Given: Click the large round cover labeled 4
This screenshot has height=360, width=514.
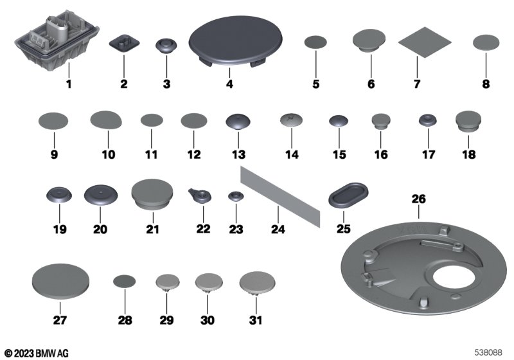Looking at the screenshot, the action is [x=235, y=41].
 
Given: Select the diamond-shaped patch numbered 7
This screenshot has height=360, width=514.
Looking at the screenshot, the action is [x=425, y=42].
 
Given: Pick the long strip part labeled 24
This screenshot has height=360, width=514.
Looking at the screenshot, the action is [x=280, y=197].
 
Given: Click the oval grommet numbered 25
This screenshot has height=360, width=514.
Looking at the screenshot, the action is [x=348, y=195].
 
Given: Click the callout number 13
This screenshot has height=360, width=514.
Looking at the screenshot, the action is [x=238, y=154].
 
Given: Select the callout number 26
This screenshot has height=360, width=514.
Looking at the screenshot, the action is [x=419, y=199].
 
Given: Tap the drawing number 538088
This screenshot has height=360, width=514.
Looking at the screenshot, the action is [x=488, y=352].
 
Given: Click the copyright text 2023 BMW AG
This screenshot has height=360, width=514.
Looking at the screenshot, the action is [x=37, y=354].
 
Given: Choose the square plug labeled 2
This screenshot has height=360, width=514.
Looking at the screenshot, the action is [x=124, y=43].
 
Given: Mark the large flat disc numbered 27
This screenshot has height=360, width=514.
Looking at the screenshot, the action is [x=61, y=282].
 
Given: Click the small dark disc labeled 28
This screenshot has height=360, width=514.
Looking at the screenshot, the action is [x=124, y=282].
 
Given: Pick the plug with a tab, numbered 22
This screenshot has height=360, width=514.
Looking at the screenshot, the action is [x=200, y=195].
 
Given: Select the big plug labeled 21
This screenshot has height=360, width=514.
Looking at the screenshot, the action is [x=152, y=194].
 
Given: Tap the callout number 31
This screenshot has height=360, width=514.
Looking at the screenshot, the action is [x=256, y=320].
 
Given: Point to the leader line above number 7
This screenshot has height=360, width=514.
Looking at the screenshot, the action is [x=417, y=67].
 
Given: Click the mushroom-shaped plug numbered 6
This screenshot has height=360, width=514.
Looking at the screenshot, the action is [x=369, y=40].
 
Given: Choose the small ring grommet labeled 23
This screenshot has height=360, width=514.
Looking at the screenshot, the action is [x=236, y=197].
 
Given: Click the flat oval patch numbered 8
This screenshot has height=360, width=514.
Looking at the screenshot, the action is [x=486, y=42].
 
